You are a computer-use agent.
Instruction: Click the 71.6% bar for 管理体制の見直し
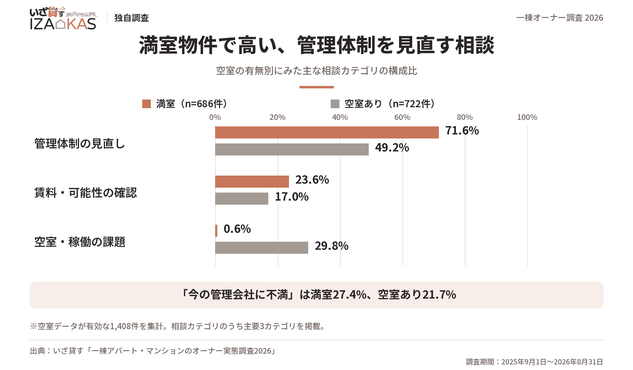(x=327, y=132)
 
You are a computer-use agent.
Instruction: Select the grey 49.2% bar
(x=292, y=149)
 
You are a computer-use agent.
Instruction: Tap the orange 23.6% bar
(x=252, y=181)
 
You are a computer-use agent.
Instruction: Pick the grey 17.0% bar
(x=242, y=198)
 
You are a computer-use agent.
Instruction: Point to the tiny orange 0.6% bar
(x=216, y=231)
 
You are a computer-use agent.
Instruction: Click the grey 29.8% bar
(x=261, y=248)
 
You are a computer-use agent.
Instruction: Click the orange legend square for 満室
(x=147, y=104)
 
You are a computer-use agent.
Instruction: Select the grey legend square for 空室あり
(x=335, y=104)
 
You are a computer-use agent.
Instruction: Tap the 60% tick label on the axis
(x=402, y=117)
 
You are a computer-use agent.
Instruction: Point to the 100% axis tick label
(x=527, y=117)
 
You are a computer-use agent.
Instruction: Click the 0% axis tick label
(x=215, y=117)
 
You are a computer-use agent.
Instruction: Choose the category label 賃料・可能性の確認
(x=86, y=193)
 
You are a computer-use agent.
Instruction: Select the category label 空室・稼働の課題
(x=80, y=242)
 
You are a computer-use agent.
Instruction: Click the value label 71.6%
(x=462, y=131)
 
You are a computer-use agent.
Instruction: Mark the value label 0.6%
(x=237, y=229)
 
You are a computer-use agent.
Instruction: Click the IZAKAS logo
(x=63, y=18)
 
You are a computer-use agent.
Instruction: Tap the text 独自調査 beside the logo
(x=132, y=18)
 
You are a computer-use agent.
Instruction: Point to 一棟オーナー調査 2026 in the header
(x=560, y=18)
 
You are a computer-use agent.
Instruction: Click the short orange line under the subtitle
(x=316, y=87)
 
